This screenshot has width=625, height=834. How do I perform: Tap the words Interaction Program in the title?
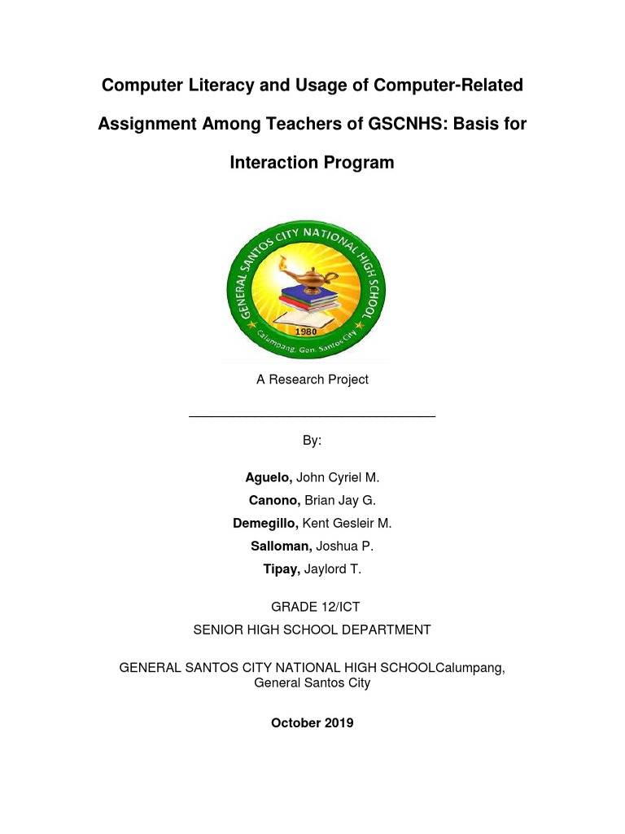click(x=312, y=163)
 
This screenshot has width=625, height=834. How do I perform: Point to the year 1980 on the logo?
click(x=306, y=332)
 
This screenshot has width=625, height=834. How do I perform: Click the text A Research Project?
click(x=312, y=380)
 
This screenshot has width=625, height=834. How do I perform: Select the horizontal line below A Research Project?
click(x=312, y=417)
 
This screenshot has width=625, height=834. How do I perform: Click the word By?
click(x=312, y=441)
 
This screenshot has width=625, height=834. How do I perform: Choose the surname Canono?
click(x=274, y=500)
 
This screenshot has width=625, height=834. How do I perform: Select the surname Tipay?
click(x=282, y=569)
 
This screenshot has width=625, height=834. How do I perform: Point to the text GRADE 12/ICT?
click(x=312, y=607)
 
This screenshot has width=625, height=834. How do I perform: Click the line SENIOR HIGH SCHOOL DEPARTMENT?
click(x=312, y=630)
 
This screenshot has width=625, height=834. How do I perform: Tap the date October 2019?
click(x=312, y=722)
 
